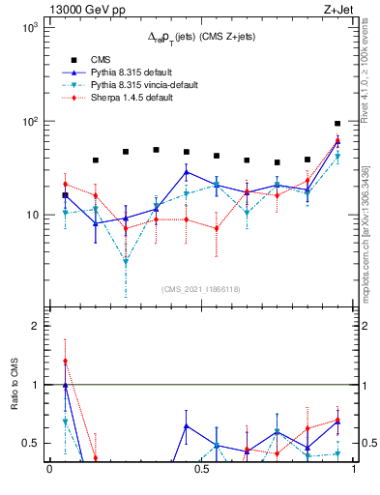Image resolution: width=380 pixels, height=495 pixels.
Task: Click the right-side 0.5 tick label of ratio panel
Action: click(x=368, y=444)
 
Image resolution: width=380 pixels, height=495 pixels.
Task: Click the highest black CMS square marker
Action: click(x=337, y=124)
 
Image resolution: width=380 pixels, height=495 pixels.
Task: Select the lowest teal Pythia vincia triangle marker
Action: click(x=126, y=262)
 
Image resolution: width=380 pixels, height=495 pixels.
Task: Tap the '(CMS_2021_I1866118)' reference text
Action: click(x=201, y=288)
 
